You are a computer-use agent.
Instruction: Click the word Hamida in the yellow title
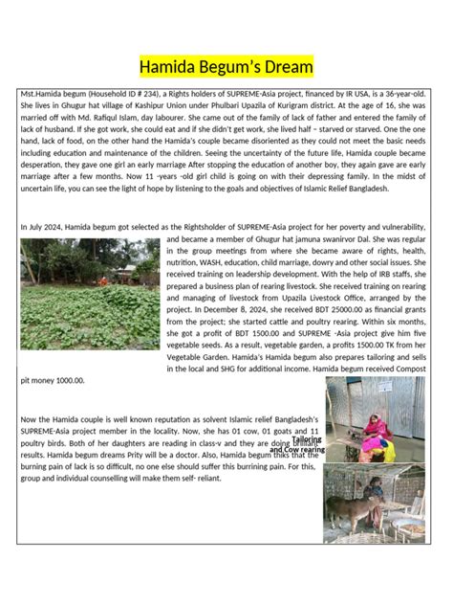pos(168,67)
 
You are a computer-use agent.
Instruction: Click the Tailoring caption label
pos(307,439)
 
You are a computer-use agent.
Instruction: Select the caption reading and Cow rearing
pos(297,450)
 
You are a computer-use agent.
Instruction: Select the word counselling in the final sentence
pos(151,481)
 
